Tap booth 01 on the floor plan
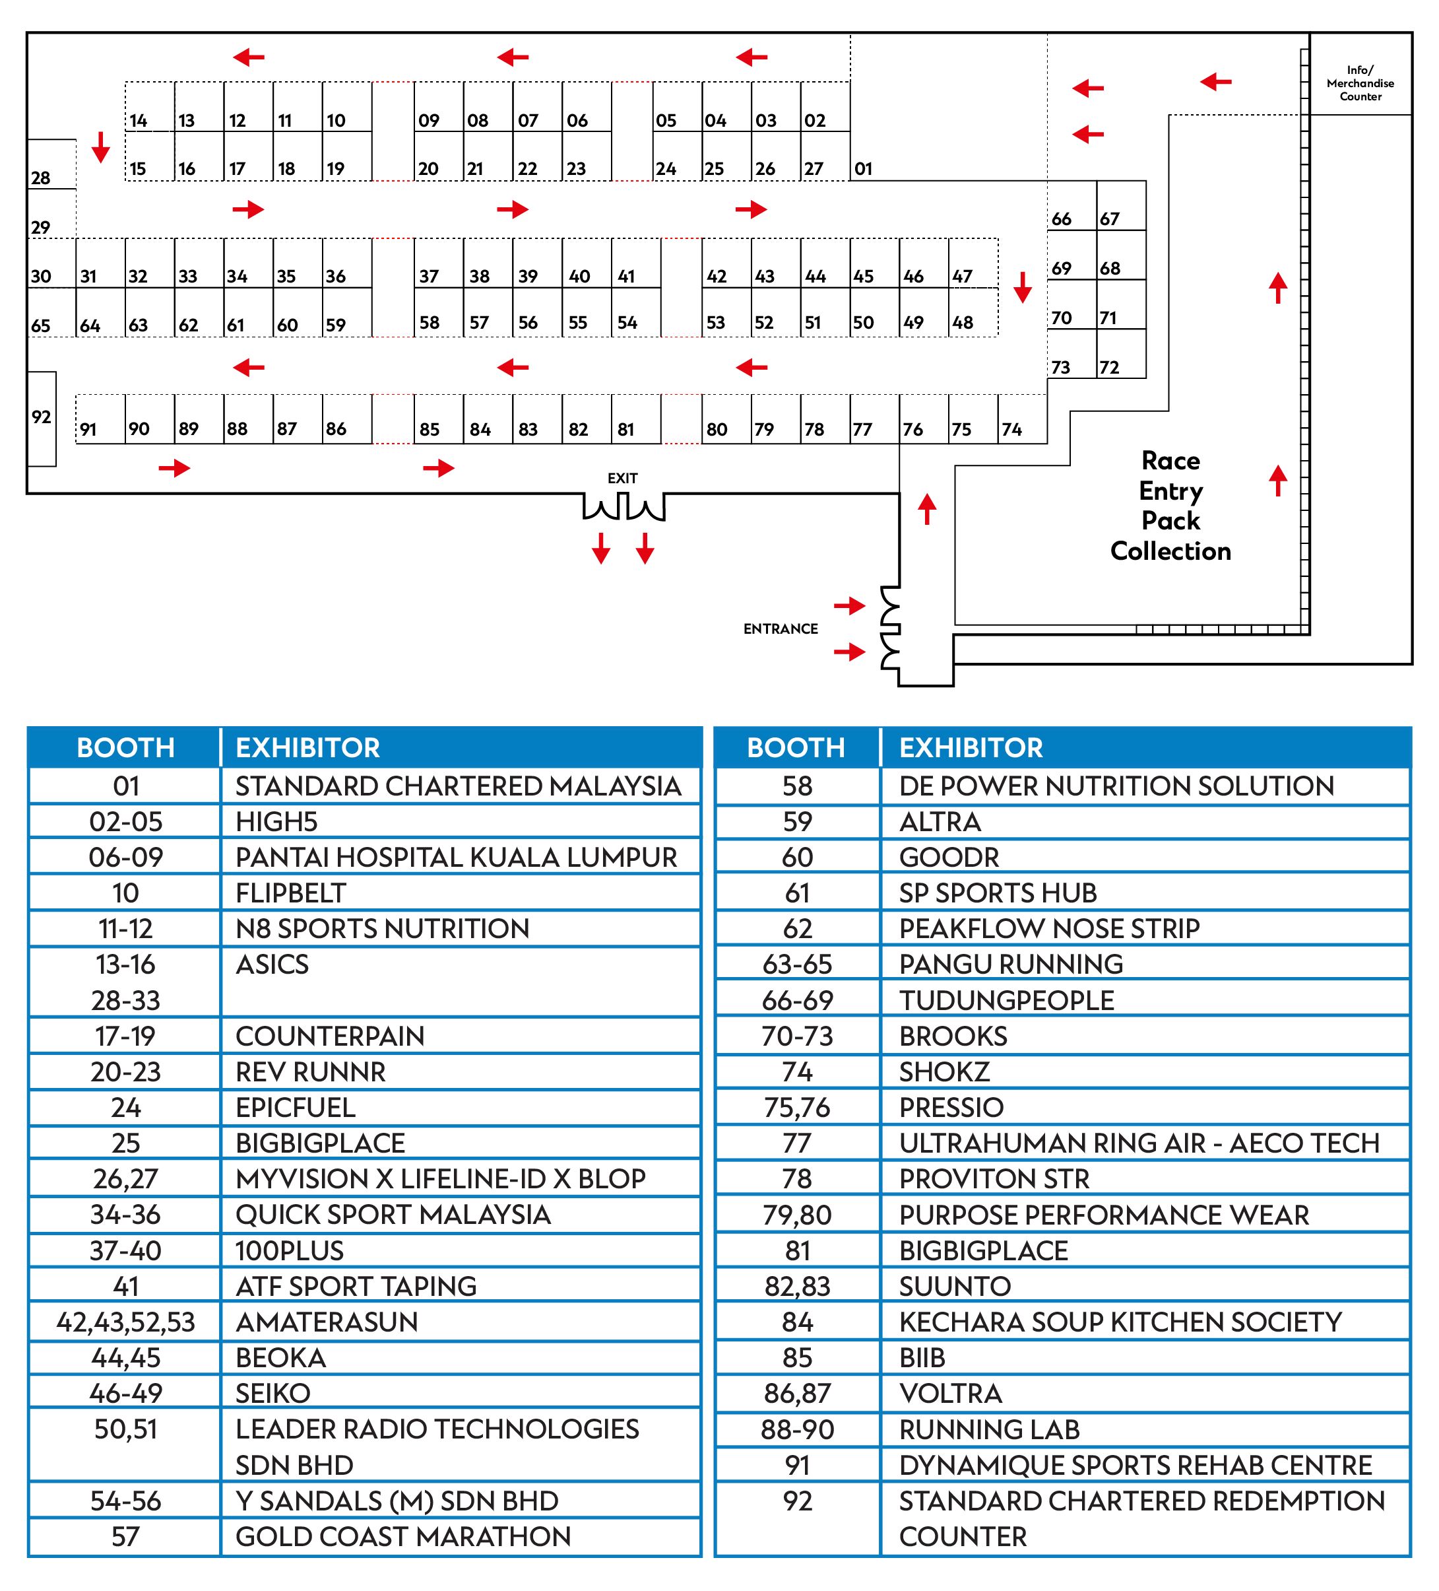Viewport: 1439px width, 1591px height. [x=863, y=168]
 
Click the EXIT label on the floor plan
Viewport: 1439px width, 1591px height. [x=622, y=478]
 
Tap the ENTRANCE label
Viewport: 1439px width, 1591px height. [x=781, y=629]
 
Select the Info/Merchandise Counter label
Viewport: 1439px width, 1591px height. [x=1360, y=83]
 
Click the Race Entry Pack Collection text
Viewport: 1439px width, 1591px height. [x=1170, y=506]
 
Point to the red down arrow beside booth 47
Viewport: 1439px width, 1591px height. [x=1023, y=287]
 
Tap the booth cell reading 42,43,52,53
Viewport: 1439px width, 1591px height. [x=125, y=1322]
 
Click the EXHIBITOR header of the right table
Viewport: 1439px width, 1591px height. [x=971, y=747]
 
